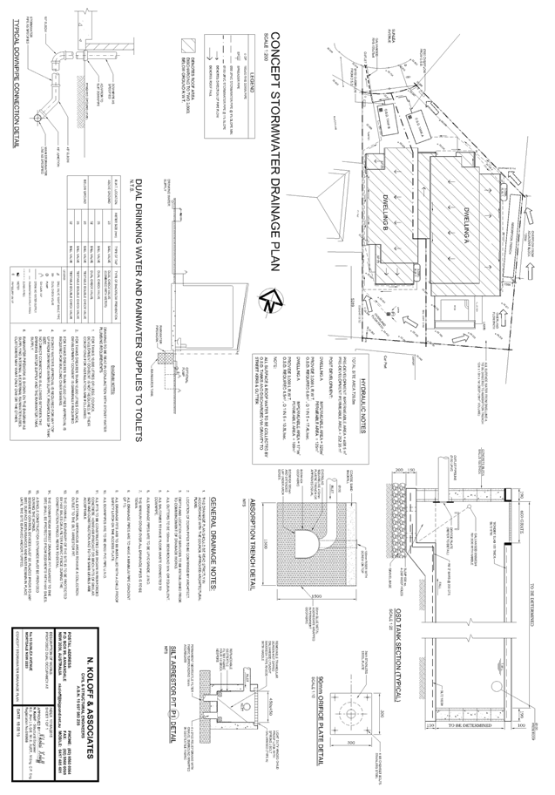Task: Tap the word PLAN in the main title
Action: click(x=274, y=262)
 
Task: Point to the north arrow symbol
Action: click(x=273, y=300)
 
